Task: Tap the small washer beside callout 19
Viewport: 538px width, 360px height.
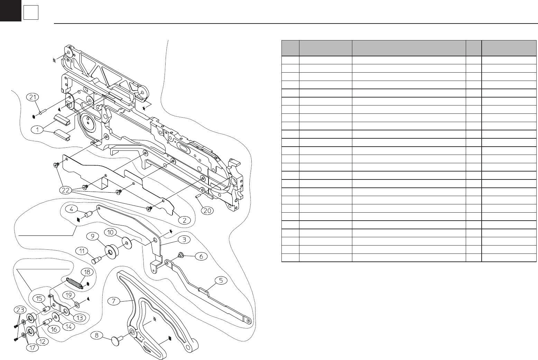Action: pos(77,304)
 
